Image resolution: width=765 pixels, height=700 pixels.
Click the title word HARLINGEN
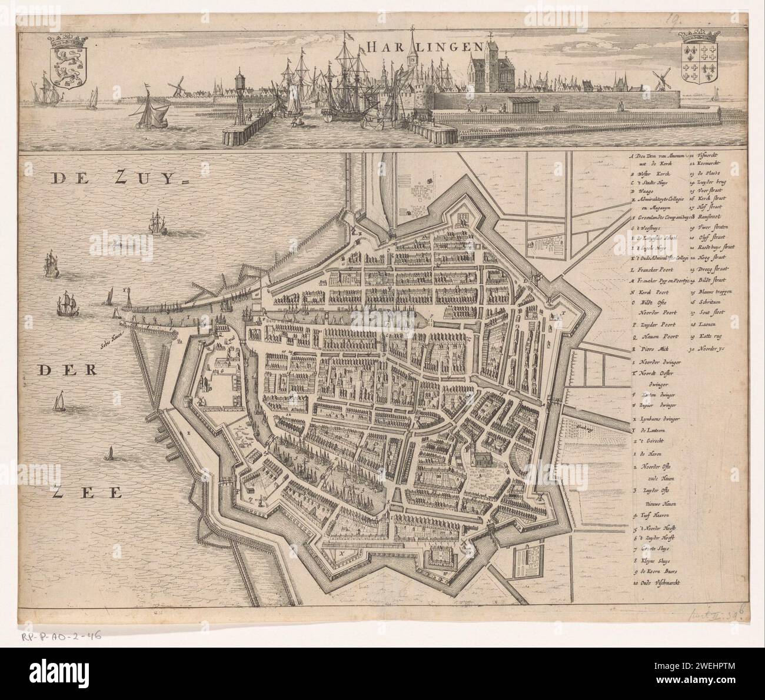(x=422, y=46)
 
